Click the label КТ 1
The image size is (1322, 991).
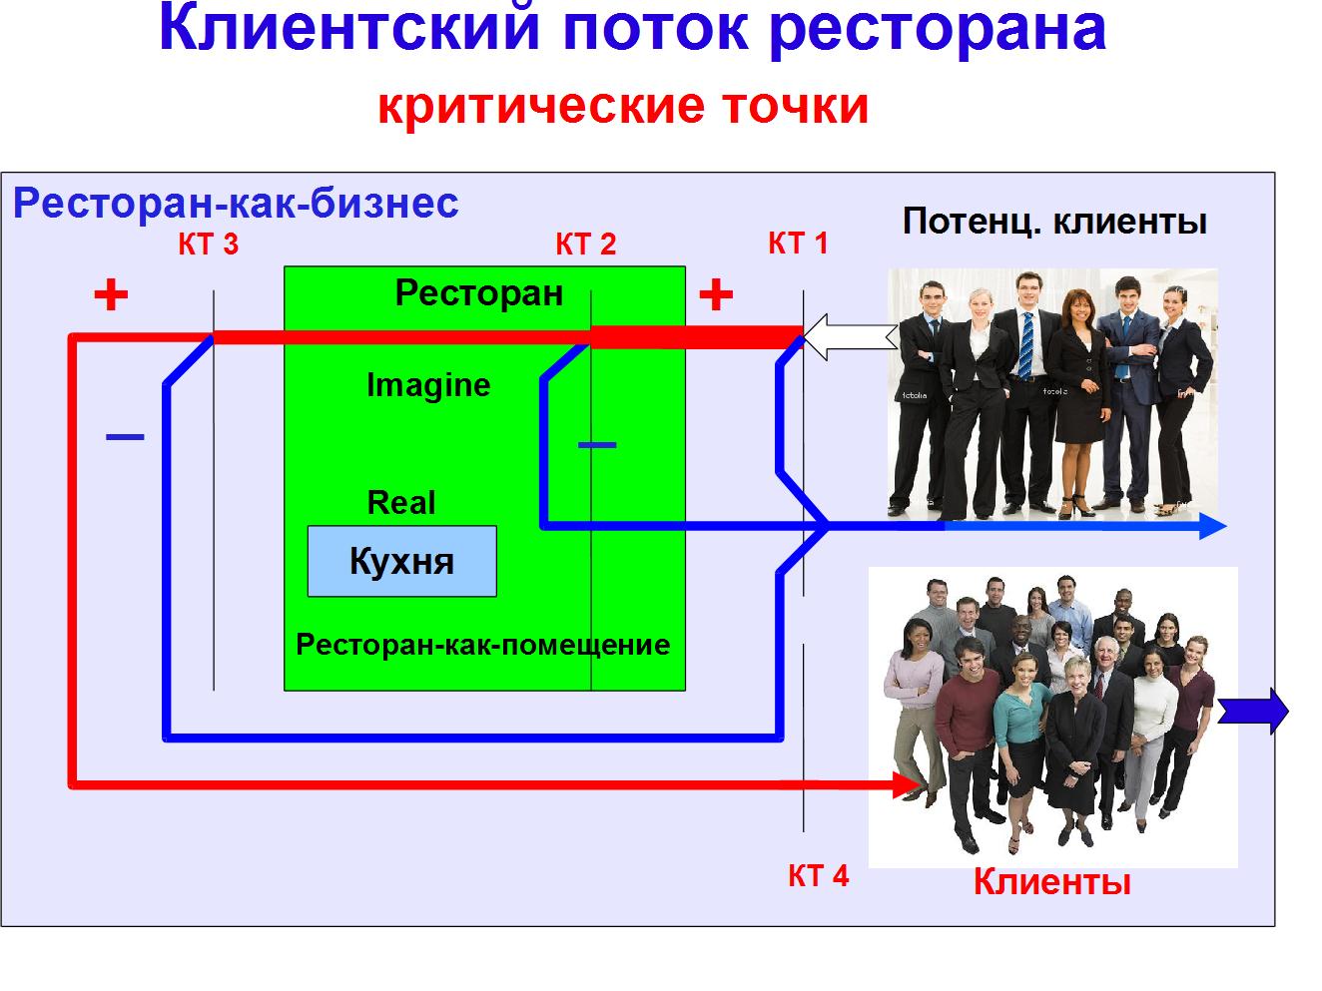tap(798, 243)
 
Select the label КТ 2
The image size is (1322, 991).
tap(585, 245)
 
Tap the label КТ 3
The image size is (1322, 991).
tap(209, 245)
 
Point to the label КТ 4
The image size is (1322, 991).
tap(818, 875)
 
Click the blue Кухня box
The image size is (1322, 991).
tap(401, 561)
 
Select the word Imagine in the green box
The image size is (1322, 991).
tap(428, 385)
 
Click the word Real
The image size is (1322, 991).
tap(401, 502)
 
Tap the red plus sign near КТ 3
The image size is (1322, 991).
tap(111, 294)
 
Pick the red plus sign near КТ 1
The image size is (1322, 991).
tap(715, 294)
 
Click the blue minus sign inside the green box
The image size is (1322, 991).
tap(597, 444)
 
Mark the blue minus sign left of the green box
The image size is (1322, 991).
tap(125, 436)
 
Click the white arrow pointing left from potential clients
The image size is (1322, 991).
tap(849, 337)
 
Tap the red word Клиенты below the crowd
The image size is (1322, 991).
tap(1051, 882)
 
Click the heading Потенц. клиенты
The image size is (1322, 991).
tap(1054, 221)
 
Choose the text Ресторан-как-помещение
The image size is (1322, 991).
tap(483, 645)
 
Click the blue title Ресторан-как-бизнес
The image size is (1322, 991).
tap(236, 204)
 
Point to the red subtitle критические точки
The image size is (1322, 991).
tap(623, 106)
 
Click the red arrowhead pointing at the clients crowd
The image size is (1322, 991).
tap(907, 785)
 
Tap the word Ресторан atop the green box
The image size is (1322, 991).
tap(479, 293)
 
